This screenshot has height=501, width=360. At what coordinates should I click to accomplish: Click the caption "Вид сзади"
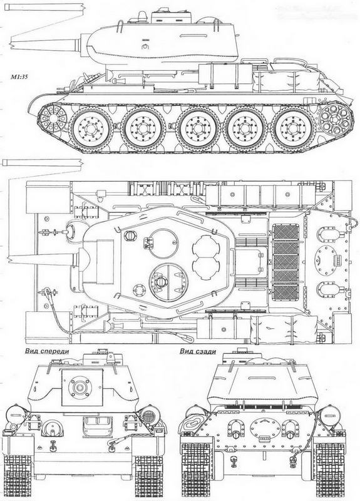coord(197,352)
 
